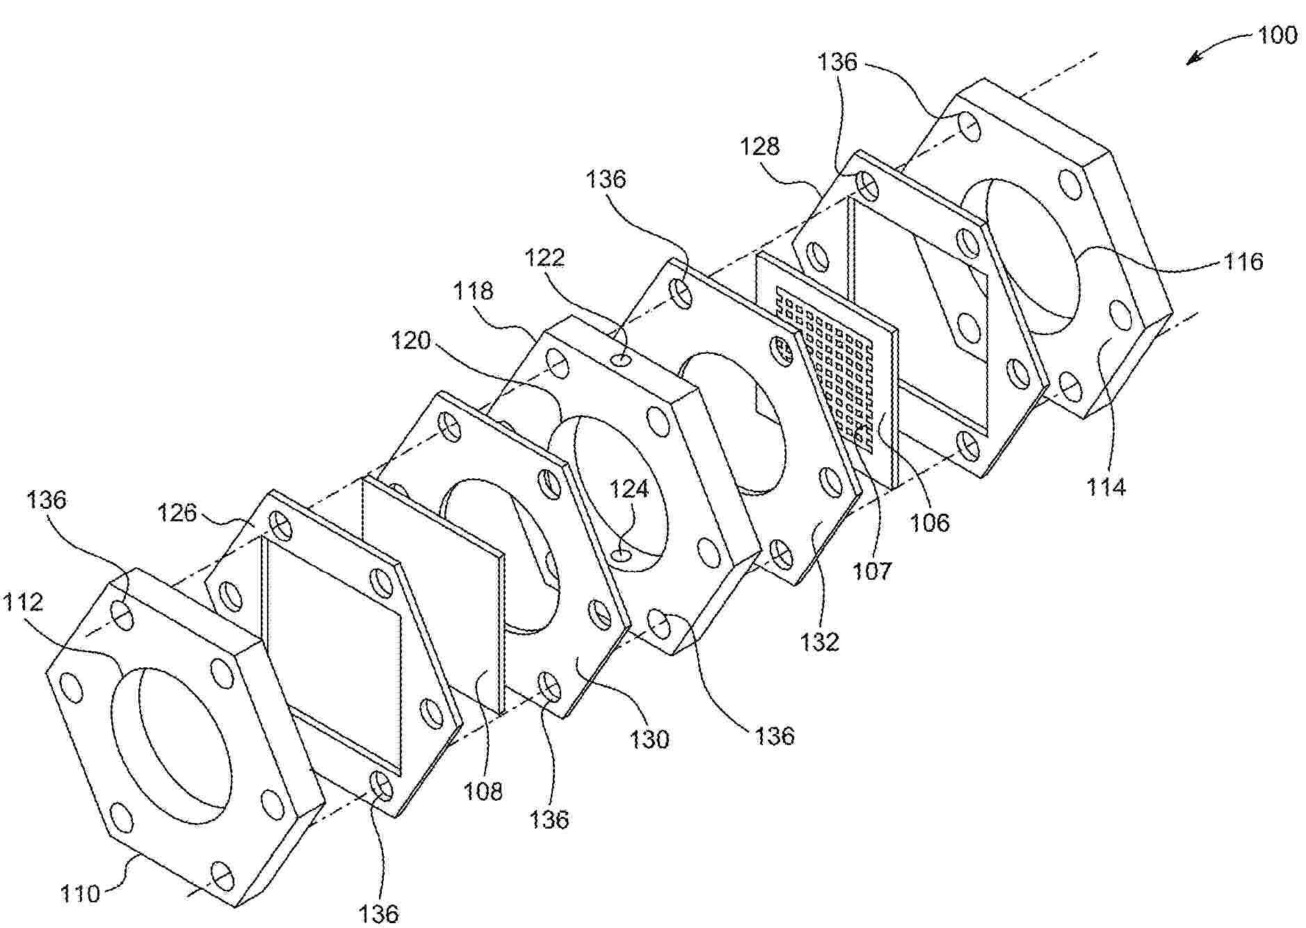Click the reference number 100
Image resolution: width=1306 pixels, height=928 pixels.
pos(1277,35)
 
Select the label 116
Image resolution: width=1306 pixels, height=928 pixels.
pos(1243,261)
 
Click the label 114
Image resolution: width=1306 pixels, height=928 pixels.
pos(1106,487)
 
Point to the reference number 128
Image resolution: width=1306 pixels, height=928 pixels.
pos(760,146)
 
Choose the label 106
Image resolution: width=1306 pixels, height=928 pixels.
pos(930,522)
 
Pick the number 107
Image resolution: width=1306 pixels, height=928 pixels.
pos(872,571)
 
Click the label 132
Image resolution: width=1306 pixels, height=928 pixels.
pos(820,641)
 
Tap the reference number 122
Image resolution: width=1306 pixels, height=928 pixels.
pos(545,258)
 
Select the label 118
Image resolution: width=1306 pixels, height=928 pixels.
pos(473,291)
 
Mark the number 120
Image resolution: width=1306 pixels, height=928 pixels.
pos(411,341)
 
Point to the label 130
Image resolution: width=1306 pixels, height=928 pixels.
pos(650,739)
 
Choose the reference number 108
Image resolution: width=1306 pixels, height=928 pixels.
pos(483,790)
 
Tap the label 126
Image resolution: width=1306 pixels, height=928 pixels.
pos(177,513)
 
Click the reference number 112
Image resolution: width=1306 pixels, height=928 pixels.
pos(24,602)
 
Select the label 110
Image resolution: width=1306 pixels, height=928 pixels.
pos(81,894)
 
